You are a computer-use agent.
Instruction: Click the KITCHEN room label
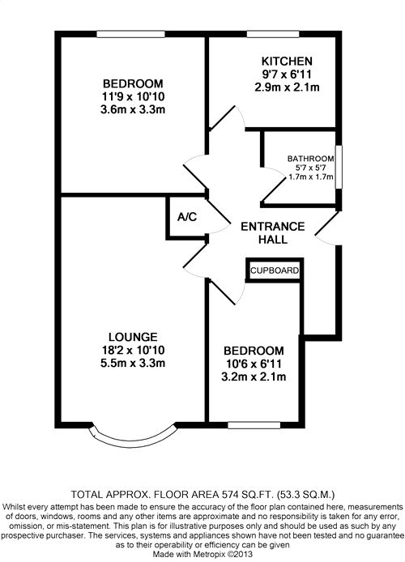[287, 61]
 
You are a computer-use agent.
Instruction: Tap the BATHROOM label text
[310, 159]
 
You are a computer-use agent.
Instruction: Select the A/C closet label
[187, 217]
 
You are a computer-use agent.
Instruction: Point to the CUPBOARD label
[275, 270]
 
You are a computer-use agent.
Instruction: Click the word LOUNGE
[133, 337]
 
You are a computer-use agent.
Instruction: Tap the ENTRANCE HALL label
[273, 233]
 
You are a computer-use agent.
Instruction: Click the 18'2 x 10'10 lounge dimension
[133, 350]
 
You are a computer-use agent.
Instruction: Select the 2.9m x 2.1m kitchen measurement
[287, 87]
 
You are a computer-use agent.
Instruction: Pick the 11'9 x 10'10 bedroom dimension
[133, 96]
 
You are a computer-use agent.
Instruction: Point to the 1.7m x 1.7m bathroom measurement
[311, 177]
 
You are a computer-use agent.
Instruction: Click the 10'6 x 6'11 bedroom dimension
[254, 364]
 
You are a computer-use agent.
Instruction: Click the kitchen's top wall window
[273, 34]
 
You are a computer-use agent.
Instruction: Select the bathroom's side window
[339, 167]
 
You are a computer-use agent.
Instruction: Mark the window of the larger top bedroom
[131, 34]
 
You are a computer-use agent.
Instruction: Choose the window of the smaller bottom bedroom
[254, 425]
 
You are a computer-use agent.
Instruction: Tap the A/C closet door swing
[219, 216]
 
